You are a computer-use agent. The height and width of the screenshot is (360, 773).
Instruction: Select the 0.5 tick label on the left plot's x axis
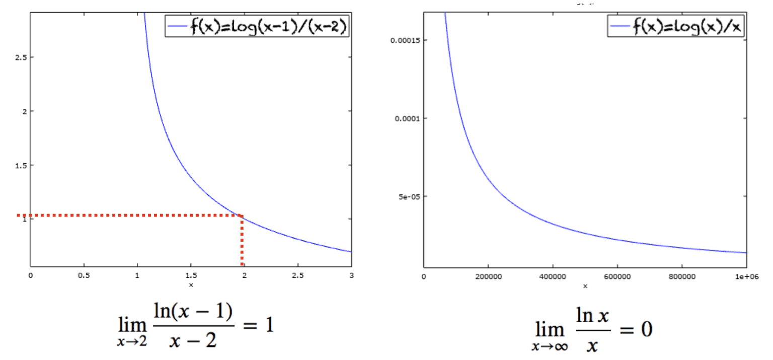[x=84, y=275]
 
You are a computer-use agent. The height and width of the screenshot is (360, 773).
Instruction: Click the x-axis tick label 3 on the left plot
[x=351, y=275]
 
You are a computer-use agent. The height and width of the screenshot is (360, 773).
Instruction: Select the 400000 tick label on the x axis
[x=553, y=276]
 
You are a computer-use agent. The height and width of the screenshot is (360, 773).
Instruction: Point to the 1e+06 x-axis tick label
[x=746, y=276]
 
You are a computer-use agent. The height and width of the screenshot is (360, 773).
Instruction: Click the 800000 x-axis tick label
[x=681, y=276]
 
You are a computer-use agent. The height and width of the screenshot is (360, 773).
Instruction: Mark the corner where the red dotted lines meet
[x=242, y=216]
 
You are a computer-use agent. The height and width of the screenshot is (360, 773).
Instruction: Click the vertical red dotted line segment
[x=242, y=242]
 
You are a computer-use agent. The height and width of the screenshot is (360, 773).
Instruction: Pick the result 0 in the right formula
[x=646, y=330]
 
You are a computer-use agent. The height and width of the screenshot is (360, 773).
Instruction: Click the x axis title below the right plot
[x=585, y=286]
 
